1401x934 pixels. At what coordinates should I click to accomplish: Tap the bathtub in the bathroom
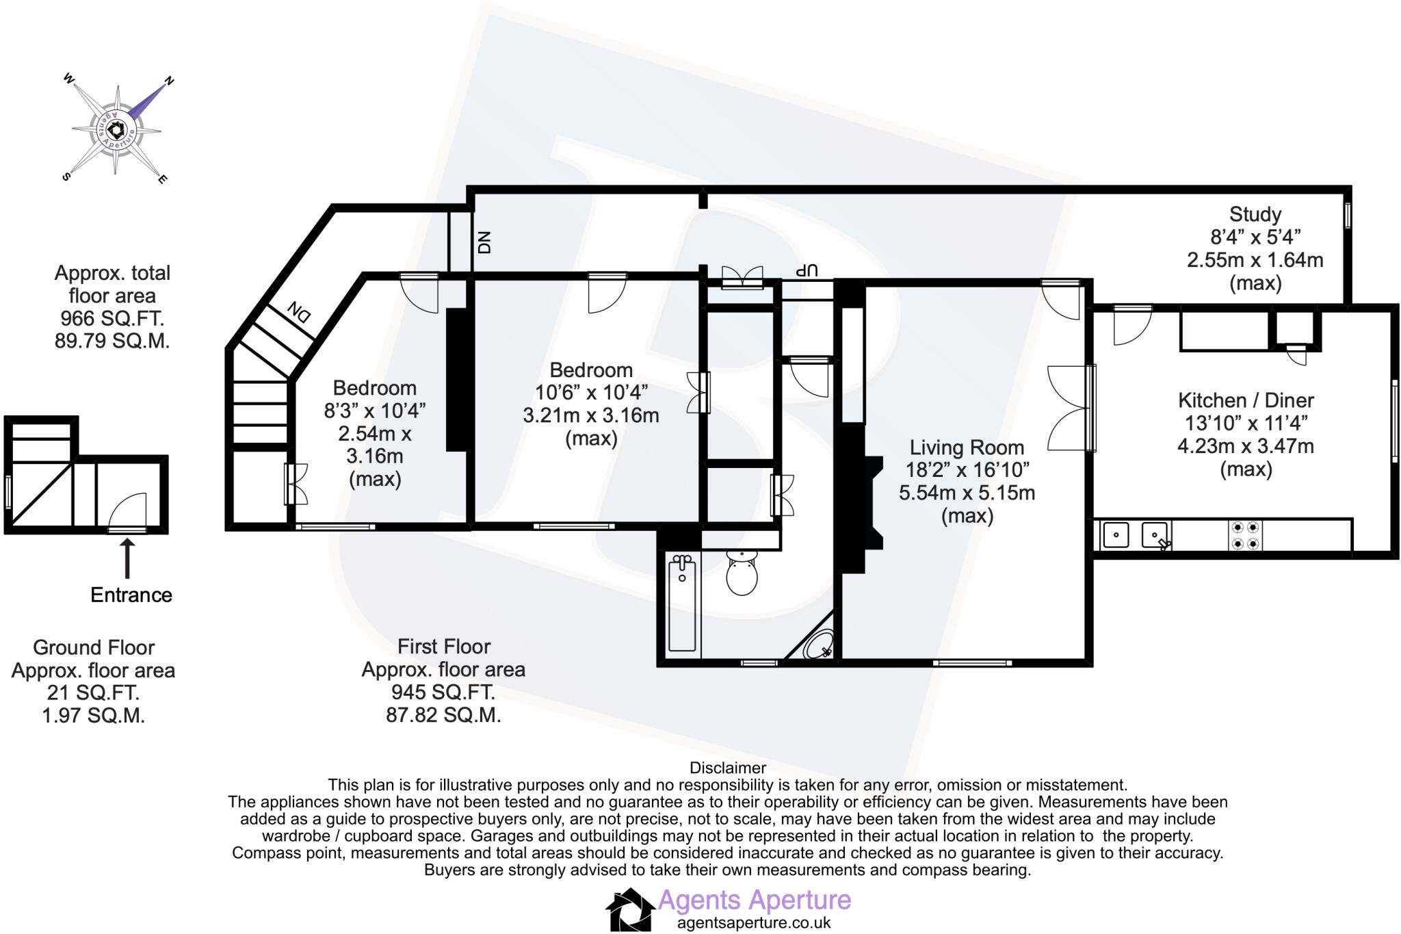coord(682,603)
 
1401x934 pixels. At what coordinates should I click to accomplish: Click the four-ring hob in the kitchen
coord(1245,536)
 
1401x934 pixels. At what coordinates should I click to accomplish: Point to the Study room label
coord(1255,214)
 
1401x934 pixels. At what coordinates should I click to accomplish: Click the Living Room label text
coord(967,447)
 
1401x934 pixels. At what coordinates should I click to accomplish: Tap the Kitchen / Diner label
coord(1246,400)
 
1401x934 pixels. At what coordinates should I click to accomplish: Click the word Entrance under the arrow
coord(131,595)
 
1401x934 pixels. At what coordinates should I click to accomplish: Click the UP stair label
coord(807,270)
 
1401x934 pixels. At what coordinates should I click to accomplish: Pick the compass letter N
coord(169,82)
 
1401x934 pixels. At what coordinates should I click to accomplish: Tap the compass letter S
coord(66,176)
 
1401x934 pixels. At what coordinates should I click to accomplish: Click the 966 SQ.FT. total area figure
coord(112,318)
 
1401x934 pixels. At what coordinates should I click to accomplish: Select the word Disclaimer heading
coord(727,768)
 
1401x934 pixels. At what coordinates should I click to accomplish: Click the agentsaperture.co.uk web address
coord(754,922)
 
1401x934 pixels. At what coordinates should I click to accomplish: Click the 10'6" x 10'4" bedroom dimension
coord(591,393)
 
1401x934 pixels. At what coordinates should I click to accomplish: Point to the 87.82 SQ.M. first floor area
coord(443,715)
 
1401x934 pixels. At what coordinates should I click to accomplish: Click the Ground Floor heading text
coord(94,647)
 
